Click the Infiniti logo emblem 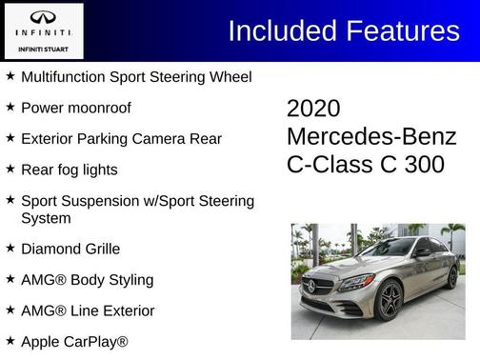44,18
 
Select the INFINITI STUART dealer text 44,48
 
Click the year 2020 313,109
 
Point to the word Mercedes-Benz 371,136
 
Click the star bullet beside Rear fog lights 10,170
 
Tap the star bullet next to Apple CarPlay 10,340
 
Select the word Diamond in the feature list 48,249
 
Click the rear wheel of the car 452,277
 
